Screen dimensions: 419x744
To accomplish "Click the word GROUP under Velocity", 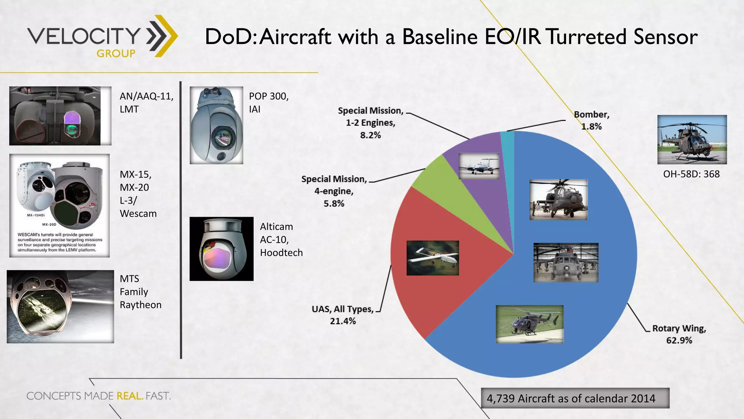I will tap(116, 53).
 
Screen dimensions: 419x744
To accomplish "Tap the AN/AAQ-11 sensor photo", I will tap(60, 116).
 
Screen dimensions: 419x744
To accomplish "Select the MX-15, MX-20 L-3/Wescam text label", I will tap(138, 194).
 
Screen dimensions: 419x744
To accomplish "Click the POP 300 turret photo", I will tap(217, 125).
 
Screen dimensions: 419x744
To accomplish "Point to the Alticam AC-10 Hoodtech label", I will tap(281, 240).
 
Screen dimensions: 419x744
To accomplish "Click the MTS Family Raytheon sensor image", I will tap(60, 307).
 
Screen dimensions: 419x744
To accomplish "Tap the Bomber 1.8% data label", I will tap(591, 120).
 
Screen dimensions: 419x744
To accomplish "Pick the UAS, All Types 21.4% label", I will tap(343, 315).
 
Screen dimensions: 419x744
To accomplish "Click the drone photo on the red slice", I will tap(432, 258).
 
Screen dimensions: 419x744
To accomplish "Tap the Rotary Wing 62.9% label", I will tap(679, 334).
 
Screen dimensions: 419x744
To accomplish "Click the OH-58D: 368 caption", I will tap(691, 174).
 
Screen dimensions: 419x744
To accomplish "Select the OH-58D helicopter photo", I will tap(692, 140).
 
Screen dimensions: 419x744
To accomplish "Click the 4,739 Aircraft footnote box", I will tap(575, 398).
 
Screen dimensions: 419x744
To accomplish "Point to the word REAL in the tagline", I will tap(129, 396).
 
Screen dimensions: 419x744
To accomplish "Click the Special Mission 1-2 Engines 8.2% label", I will tap(371, 123).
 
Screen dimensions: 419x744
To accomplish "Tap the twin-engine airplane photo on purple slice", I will tap(479, 166).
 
